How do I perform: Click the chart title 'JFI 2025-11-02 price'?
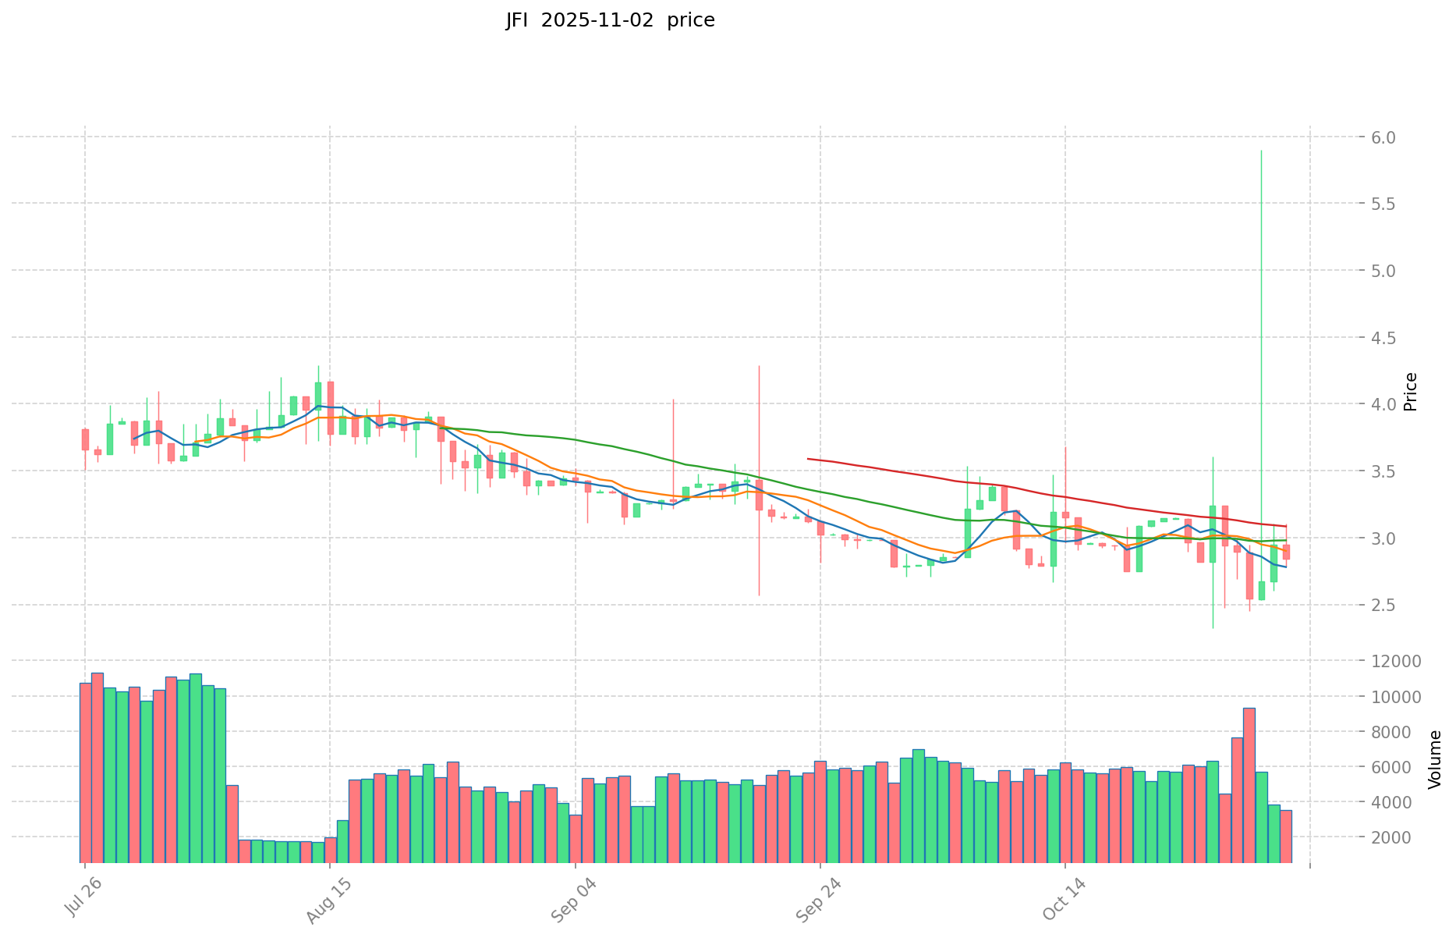[610, 20]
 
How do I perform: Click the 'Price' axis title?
[1410, 392]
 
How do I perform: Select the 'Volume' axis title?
[1435, 759]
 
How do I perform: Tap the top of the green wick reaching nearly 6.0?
[1261, 151]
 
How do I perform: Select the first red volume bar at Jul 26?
[85, 773]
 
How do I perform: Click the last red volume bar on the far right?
[1285, 835]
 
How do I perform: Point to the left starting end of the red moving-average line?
[808, 459]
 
